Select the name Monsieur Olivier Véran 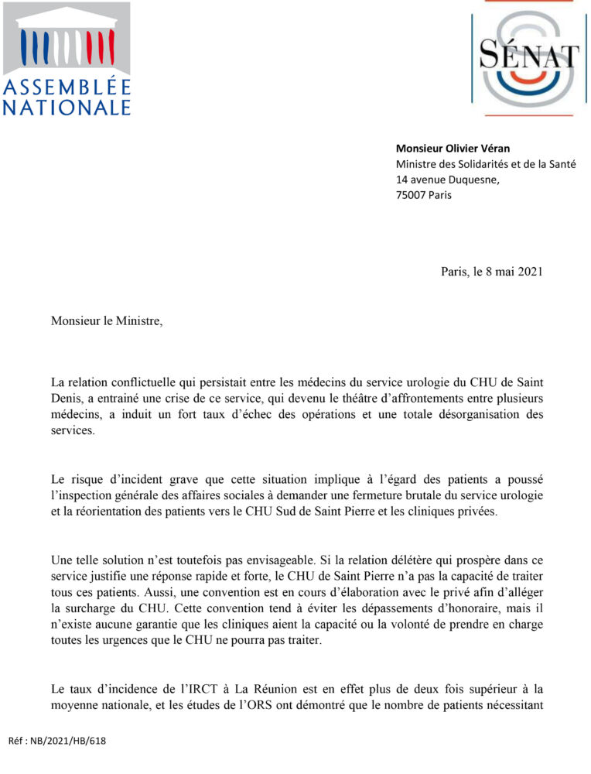(453, 149)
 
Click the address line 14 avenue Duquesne (447, 180)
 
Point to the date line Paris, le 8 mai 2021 (491, 272)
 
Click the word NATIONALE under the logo (67, 107)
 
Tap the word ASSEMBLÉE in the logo (67, 87)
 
